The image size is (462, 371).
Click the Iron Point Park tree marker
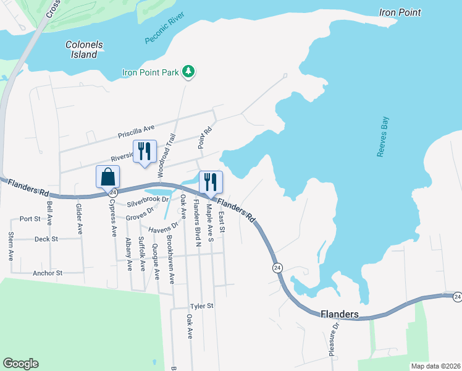pyautogui.click(x=188, y=73)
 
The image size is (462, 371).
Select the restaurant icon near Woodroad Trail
pyautogui.click(x=145, y=151)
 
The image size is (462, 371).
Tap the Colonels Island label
pyautogui.click(x=84, y=49)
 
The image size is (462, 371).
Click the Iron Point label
pyautogui.click(x=400, y=12)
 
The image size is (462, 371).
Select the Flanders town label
pyautogui.click(x=340, y=315)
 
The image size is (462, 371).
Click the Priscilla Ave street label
pyautogui.click(x=136, y=132)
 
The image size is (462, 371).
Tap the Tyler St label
pyautogui.click(x=201, y=305)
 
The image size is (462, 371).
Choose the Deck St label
pyautogui.click(x=46, y=239)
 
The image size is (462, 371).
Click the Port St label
pyautogui.click(x=30, y=218)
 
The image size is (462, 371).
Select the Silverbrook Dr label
pyautogui.click(x=148, y=202)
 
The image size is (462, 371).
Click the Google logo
pyautogui.click(x=21, y=364)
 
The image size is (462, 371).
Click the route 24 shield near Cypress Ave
pyautogui.click(x=113, y=193)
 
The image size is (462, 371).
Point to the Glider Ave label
pyautogui.click(x=79, y=218)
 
